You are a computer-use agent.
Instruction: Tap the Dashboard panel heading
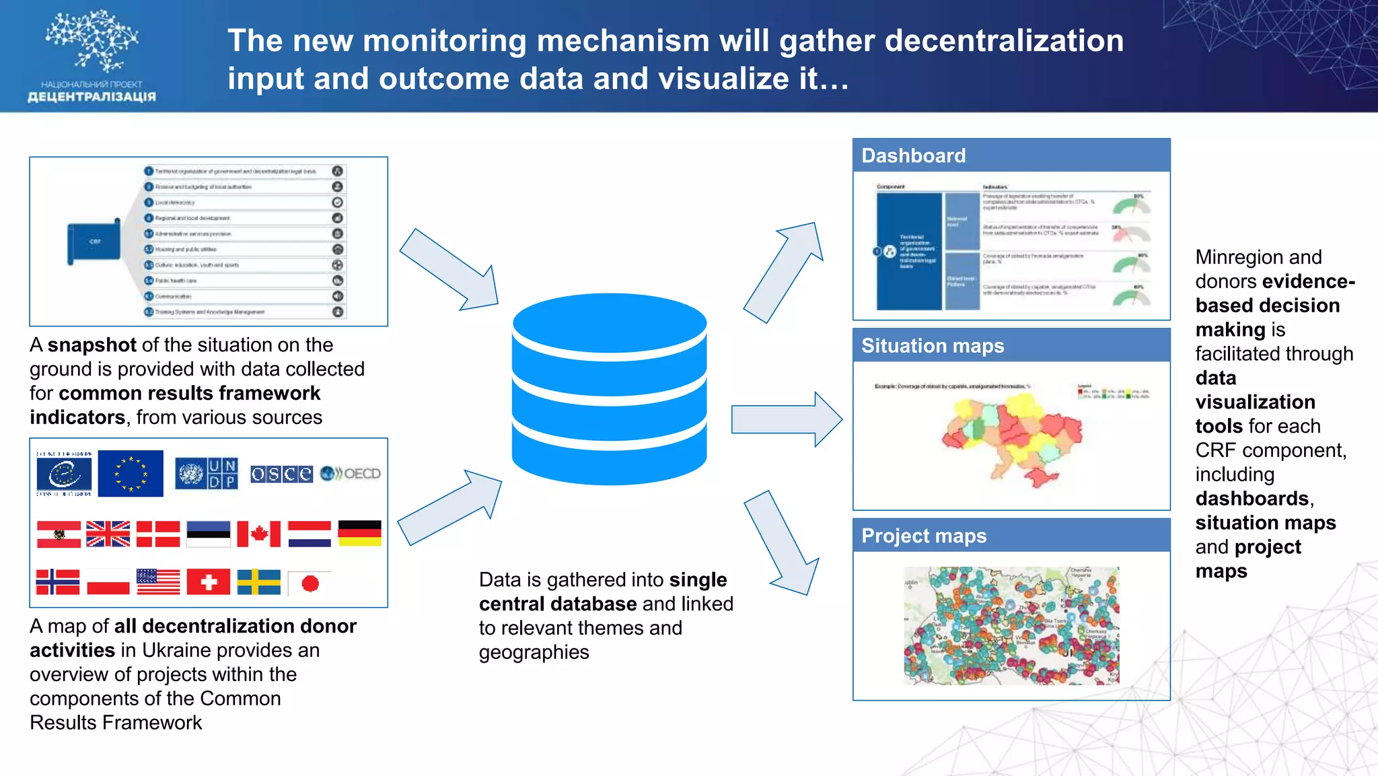tap(913, 155)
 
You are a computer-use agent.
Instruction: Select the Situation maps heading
tap(932, 345)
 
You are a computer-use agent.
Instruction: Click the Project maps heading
tap(923, 536)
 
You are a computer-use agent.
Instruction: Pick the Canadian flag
tap(258, 534)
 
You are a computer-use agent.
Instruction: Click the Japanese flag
tap(310, 583)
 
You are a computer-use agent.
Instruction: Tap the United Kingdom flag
tap(108, 534)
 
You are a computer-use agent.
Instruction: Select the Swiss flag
tap(209, 582)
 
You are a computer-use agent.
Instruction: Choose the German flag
tap(359, 533)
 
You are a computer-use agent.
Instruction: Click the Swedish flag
tap(258, 582)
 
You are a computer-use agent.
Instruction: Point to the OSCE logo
tap(281, 474)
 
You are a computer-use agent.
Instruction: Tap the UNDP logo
tap(207, 473)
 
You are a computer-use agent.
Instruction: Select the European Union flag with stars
tap(131, 473)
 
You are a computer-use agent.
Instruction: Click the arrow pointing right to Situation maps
tap(786, 419)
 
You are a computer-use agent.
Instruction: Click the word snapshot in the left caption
tap(92, 345)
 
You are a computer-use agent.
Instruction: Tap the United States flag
tap(158, 582)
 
